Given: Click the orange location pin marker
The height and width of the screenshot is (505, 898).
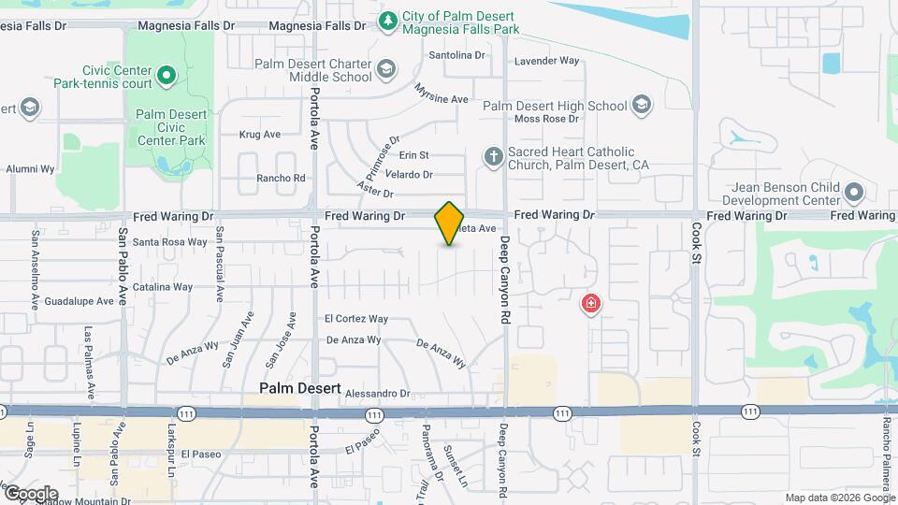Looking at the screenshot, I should pyautogui.click(x=449, y=224).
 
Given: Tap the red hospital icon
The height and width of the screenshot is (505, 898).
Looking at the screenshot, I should pyautogui.click(x=590, y=303).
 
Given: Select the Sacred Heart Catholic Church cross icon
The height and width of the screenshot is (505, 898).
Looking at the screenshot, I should pyautogui.click(x=494, y=157).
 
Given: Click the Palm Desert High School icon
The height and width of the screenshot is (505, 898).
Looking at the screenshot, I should pyautogui.click(x=642, y=105).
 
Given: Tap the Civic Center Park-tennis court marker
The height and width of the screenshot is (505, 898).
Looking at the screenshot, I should pyautogui.click(x=167, y=75).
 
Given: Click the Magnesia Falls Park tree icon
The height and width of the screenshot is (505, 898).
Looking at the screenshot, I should pyautogui.click(x=387, y=20).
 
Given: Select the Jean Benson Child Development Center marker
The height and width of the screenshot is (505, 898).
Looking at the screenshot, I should pyautogui.click(x=853, y=194).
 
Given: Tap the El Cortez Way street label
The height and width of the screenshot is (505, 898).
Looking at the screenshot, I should pyautogui.click(x=355, y=319).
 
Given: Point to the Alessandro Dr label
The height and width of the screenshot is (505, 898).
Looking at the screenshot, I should pyautogui.click(x=378, y=395).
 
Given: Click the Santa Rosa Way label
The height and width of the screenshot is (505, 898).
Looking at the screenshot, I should pyautogui.click(x=170, y=242).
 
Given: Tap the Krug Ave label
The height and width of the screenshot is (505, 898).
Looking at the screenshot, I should pyautogui.click(x=260, y=135).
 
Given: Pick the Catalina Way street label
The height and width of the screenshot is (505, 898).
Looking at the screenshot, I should pyautogui.click(x=163, y=287).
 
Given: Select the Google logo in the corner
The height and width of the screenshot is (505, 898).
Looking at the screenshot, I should pyautogui.click(x=31, y=494).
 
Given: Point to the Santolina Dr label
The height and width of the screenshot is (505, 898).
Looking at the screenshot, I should pyautogui.click(x=457, y=56).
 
